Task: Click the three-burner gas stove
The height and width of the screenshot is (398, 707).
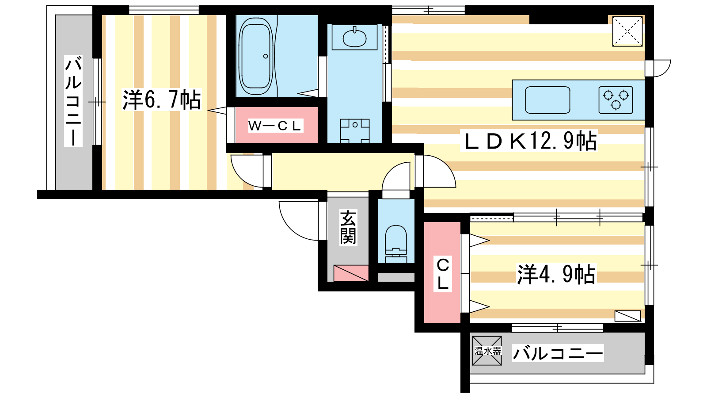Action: (616, 100)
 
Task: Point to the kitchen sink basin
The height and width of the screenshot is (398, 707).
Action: (547, 100)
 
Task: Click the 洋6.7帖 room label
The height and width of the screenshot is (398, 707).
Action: (162, 100)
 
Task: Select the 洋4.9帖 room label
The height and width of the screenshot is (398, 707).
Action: (556, 274)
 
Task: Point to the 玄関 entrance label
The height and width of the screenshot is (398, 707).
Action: (348, 227)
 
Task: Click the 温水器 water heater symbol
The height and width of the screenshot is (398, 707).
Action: (487, 351)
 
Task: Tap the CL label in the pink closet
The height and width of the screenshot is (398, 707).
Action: (443, 274)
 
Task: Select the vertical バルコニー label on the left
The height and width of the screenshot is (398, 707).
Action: (73, 101)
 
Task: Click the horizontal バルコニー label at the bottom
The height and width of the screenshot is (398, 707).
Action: (558, 353)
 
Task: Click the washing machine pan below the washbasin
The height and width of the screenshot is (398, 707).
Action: (355, 131)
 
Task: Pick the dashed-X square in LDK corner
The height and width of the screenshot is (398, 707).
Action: (627, 31)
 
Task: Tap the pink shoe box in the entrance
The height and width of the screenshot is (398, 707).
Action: (351, 273)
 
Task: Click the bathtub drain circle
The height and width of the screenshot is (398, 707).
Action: (266, 56)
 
